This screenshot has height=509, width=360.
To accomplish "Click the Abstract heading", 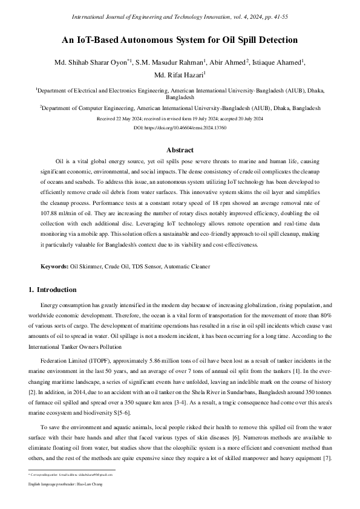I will click(180, 150).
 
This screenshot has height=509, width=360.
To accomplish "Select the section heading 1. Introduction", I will click(53, 290).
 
